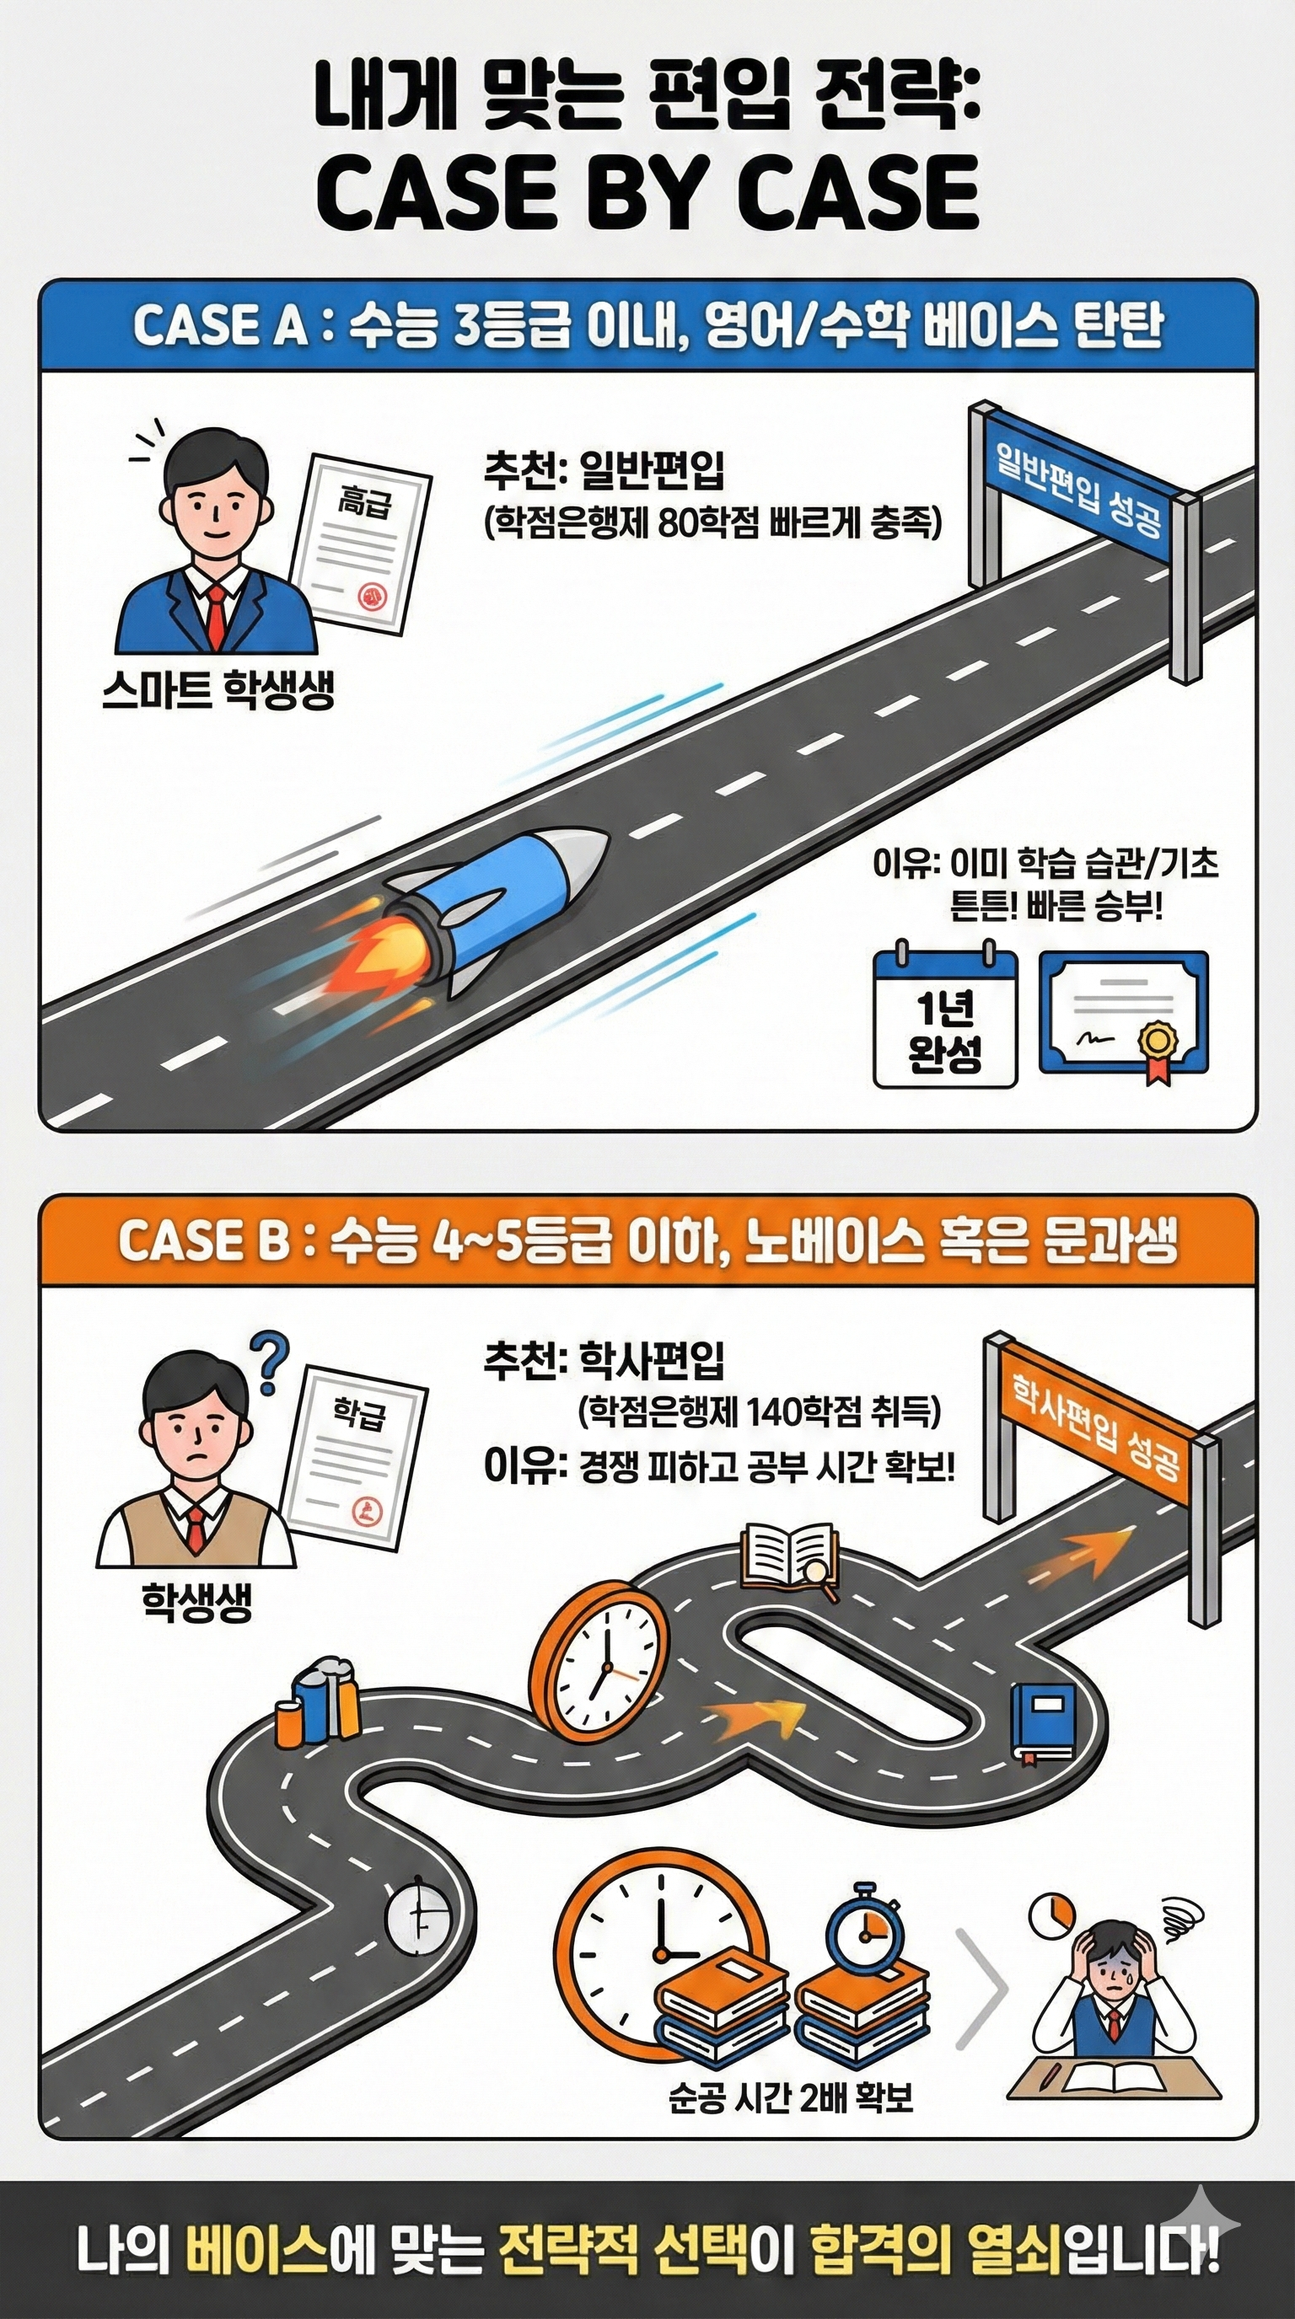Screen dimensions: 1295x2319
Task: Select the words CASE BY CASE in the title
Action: click(647, 193)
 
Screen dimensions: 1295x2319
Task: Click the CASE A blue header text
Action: click(647, 325)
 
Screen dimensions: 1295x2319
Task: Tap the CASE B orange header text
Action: click(647, 1241)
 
